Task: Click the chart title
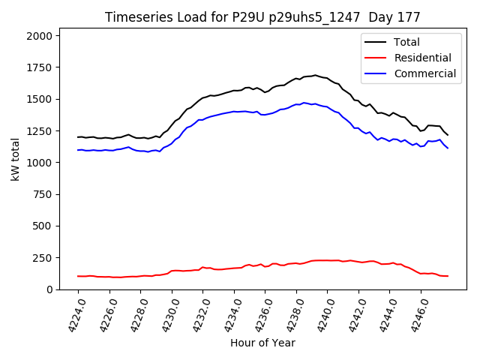pyautogui.click(x=262, y=17)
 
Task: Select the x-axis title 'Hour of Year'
pyautogui.click(x=262, y=343)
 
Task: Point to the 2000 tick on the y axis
pyautogui.click(x=39, y=36)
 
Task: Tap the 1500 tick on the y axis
pyautogui.click(x=39, y=99)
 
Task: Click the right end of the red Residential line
pyautogui.click(x=448, y=276)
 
